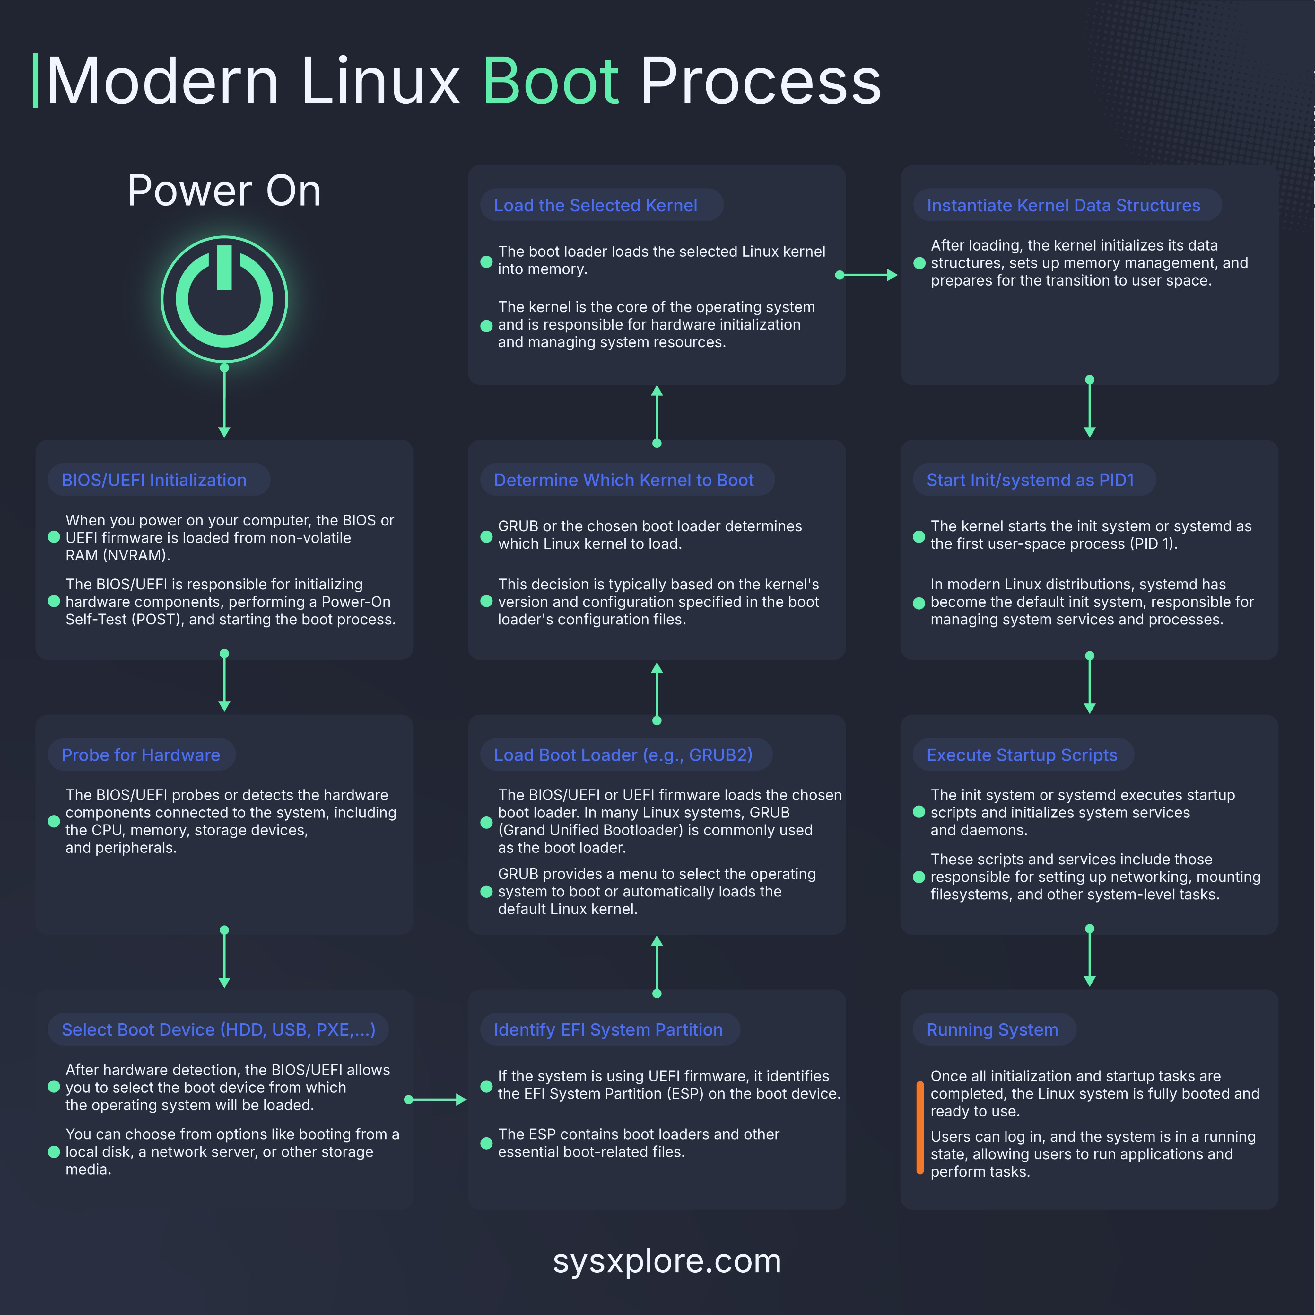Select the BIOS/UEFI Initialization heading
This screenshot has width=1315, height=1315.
pos(154,480)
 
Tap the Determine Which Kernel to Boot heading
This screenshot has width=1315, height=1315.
pos(623,480)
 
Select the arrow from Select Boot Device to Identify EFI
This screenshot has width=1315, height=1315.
pos(436,1099)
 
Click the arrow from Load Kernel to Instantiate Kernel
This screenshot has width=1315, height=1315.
pos(867,275)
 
